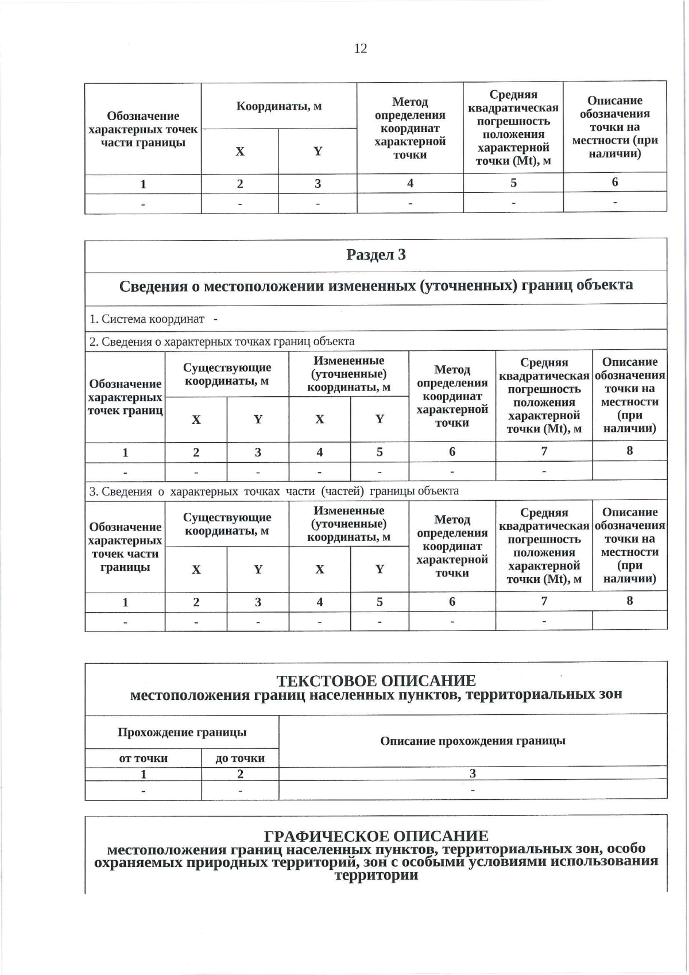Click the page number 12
360,48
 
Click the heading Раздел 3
376,255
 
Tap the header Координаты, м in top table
279,106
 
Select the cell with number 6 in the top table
614,183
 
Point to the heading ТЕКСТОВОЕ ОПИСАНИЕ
376,680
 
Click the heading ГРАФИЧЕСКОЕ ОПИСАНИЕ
376,835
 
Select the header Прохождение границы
182,732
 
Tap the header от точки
143,759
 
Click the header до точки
240,759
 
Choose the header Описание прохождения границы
473,741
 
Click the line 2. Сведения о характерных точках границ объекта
222,342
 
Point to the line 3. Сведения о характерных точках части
274,492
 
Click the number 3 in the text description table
473,773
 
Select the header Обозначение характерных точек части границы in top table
143,129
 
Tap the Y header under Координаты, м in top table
318,152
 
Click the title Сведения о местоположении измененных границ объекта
376,286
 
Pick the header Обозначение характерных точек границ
125,397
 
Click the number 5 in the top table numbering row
513,183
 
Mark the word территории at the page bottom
376,876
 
